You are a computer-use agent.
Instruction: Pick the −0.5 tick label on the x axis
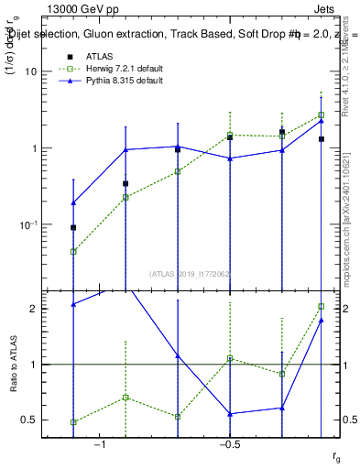(x=229, y=444)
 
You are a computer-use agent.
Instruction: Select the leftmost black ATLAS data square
(x=73, y=227)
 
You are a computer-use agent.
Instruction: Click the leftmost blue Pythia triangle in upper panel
(x=73, y=202)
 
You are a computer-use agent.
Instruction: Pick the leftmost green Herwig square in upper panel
(x=73, y=251)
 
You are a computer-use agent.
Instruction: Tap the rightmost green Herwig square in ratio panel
(x=322, y=306)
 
